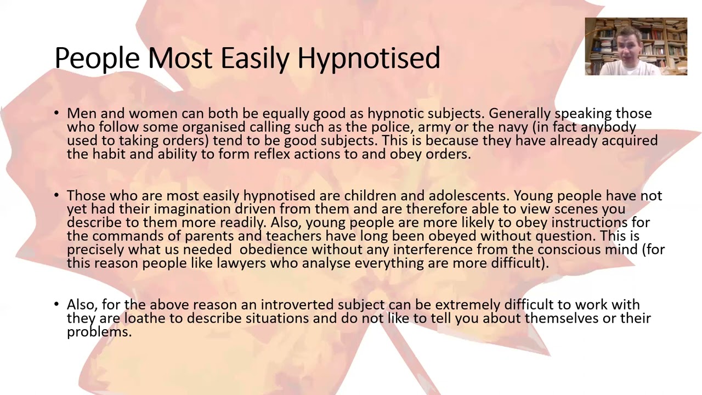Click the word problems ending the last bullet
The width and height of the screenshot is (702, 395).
(x=99, y=332)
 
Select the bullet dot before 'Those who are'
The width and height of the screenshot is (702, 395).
(x=57, y=196)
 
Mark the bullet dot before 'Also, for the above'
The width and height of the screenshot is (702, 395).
(x=57, y=304)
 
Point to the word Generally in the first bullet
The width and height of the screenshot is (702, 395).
(x=519, y=114)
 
